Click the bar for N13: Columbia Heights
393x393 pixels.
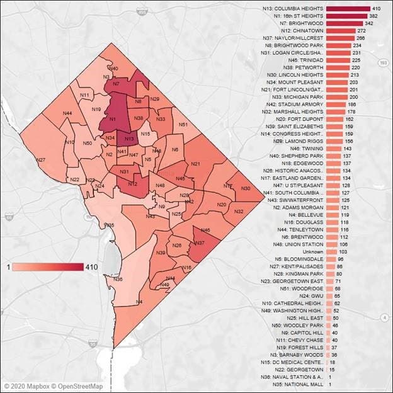348,8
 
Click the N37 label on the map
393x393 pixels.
200,243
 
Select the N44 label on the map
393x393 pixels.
67,113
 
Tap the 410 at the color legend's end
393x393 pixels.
91,267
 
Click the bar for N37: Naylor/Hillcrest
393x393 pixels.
339,38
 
